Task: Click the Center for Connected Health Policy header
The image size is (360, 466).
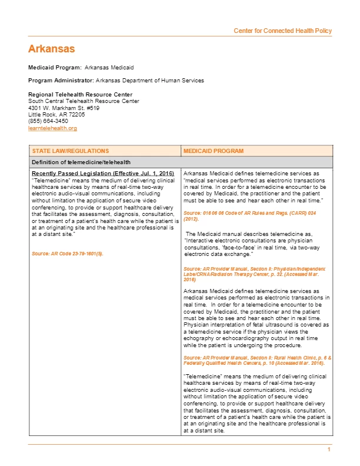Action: coord(282,31)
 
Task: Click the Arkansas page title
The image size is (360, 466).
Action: coord(52,48)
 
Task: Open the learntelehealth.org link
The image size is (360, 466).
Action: coord(52,128)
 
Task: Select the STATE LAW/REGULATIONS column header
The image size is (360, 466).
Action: coord(70,151)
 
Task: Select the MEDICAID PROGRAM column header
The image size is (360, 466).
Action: coord(213,151)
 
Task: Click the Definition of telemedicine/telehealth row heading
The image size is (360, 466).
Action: coord(81,162)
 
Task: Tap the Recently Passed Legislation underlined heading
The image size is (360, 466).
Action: coord(102,174)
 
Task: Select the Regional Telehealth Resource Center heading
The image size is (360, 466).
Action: coord(80,95)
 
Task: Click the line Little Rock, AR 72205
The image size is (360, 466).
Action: coord(56,115)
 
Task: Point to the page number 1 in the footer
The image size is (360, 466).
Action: coord(329,450)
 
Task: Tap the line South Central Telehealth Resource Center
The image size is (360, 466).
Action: coord(84,101)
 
